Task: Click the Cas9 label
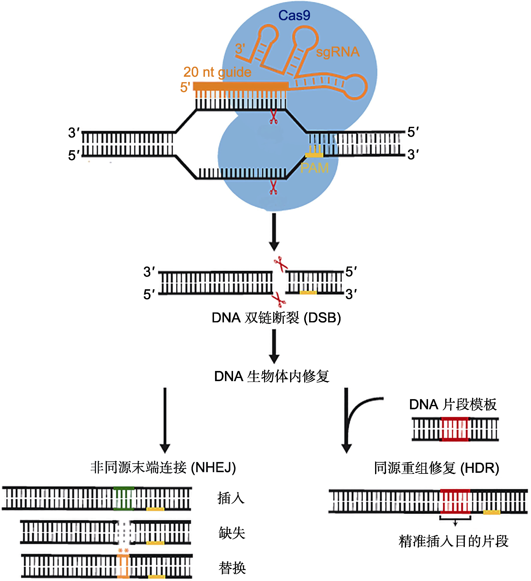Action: (x=294, y=15)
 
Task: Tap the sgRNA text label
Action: (x=338, y=52)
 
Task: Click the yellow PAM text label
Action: (x=315, y=168)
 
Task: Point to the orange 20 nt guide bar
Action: (x=241, y=86)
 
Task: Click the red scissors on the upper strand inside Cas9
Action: (x=273, y=117)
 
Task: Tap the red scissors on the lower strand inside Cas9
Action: (x=273, y=187)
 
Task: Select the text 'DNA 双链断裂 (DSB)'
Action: (x=276, y=318)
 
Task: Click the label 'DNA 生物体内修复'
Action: (x=272, y=376)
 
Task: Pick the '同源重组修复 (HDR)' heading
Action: (x=437, y=468)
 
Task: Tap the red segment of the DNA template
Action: (x=455, y=429)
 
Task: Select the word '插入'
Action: (x=231, y=498)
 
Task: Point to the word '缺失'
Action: (x=232, y=533)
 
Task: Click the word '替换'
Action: (x=232, y=568)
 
